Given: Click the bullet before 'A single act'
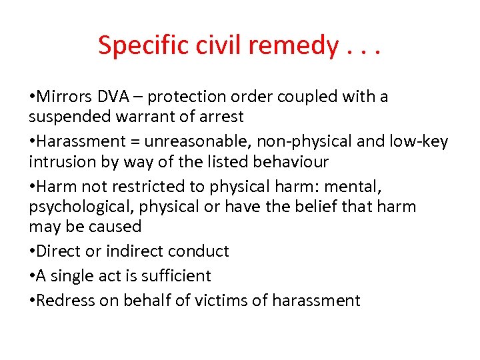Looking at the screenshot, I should pos(32,276).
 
